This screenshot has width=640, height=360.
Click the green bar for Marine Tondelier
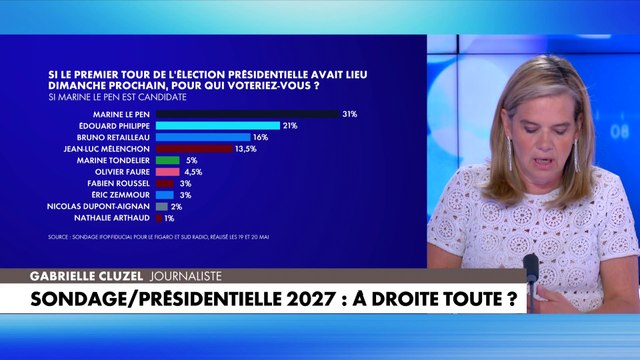167,160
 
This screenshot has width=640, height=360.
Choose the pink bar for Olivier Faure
166,171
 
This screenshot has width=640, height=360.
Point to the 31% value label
349,114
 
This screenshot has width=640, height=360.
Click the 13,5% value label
245,148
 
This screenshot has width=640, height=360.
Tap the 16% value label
260,137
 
